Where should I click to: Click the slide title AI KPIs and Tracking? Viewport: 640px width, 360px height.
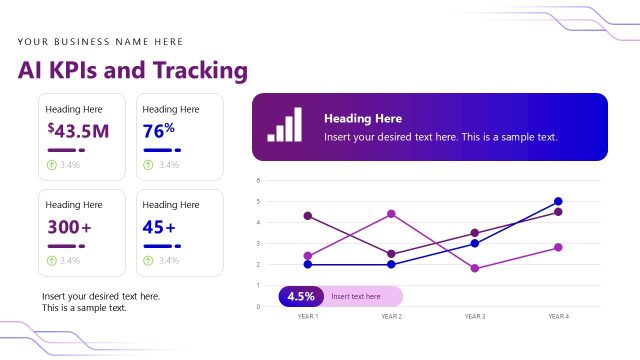[132, 70]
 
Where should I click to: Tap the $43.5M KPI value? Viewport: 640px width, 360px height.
[78, 130]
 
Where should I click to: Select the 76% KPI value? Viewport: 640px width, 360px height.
[158, 130]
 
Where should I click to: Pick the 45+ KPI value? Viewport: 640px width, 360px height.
[159, 227]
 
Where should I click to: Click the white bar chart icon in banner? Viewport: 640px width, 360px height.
[284, 127]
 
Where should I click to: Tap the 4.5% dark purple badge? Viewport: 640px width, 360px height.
[301, 296]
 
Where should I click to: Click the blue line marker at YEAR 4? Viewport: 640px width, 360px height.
[558, 201]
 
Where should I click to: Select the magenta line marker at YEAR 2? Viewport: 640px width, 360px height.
[391, 213]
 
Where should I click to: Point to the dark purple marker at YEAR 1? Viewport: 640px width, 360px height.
[308, 216]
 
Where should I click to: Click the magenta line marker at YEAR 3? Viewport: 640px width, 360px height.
[475, 268]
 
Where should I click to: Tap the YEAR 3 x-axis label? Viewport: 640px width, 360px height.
[475, 316]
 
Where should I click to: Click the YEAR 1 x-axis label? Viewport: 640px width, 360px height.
[308, 316]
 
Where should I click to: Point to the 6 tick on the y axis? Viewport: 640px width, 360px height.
[258, 181]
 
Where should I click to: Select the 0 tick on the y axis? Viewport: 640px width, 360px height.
[258, 307]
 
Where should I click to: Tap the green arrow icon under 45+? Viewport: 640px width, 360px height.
[148, 260]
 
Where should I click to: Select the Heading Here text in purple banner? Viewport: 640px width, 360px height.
[363, 119]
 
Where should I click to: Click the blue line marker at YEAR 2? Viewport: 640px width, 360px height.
[391, 264]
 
